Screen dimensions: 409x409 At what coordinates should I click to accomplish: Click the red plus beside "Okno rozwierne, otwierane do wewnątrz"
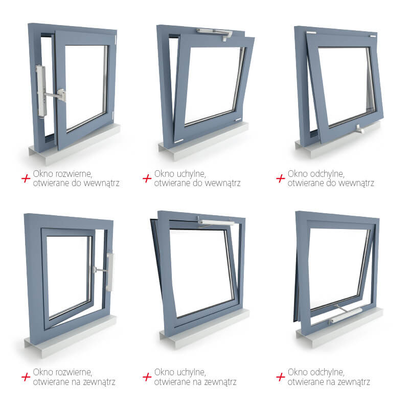[26, 178]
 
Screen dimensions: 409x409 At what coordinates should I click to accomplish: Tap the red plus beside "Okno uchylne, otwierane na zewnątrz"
[147, 377]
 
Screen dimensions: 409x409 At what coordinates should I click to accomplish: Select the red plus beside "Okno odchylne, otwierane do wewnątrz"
[280, 178]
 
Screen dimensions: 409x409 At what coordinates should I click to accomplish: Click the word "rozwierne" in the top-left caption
[73, 174]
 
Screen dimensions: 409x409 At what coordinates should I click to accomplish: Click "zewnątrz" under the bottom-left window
[99, 382]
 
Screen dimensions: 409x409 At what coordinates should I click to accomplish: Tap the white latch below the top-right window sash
[360, 129]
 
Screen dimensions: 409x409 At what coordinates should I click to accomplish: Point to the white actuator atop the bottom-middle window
[215, 222]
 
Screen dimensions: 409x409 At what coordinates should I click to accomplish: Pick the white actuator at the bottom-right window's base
[346, 314]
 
